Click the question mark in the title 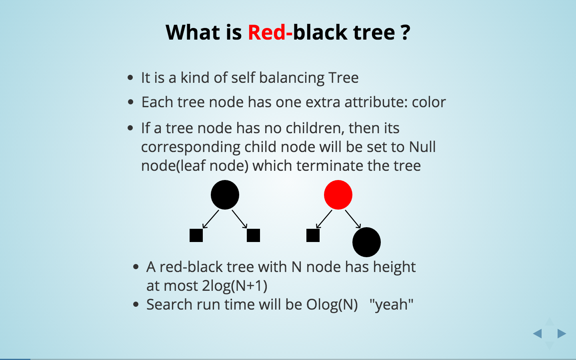[x=405, y=32]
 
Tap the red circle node [x=338, y=195]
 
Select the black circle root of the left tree [x=225, y=195]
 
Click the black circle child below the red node [x=366, y=242]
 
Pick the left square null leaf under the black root [x=196, y=235]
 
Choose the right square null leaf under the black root [x=253, y=235]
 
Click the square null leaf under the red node [x=313, y=235]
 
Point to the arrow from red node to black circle [x=353, y=219]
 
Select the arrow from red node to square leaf [x=324, y=219]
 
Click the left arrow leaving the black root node [x=211, y=219]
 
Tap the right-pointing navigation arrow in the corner [x=562, y=333]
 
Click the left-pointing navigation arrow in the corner [x=537, y=333]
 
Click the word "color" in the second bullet [x=429, y=102]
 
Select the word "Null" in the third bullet [x=422, y=147]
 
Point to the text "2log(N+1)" [x=234, y=286]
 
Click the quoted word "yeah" [x=391, y=304]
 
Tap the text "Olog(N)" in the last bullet [x=332, y=304]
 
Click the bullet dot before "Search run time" [x=136, y=305]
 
